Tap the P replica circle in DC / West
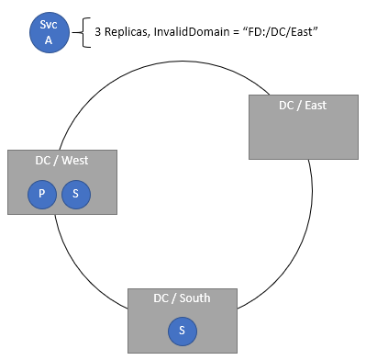(41, 194)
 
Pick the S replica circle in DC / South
(182, 330)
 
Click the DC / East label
(303, 106)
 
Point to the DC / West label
(62, 161)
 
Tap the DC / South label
(182, 298)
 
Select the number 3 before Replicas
(98, 32)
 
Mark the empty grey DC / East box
(303, 133)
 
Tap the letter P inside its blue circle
(41, 194)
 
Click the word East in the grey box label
(315, 106)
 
